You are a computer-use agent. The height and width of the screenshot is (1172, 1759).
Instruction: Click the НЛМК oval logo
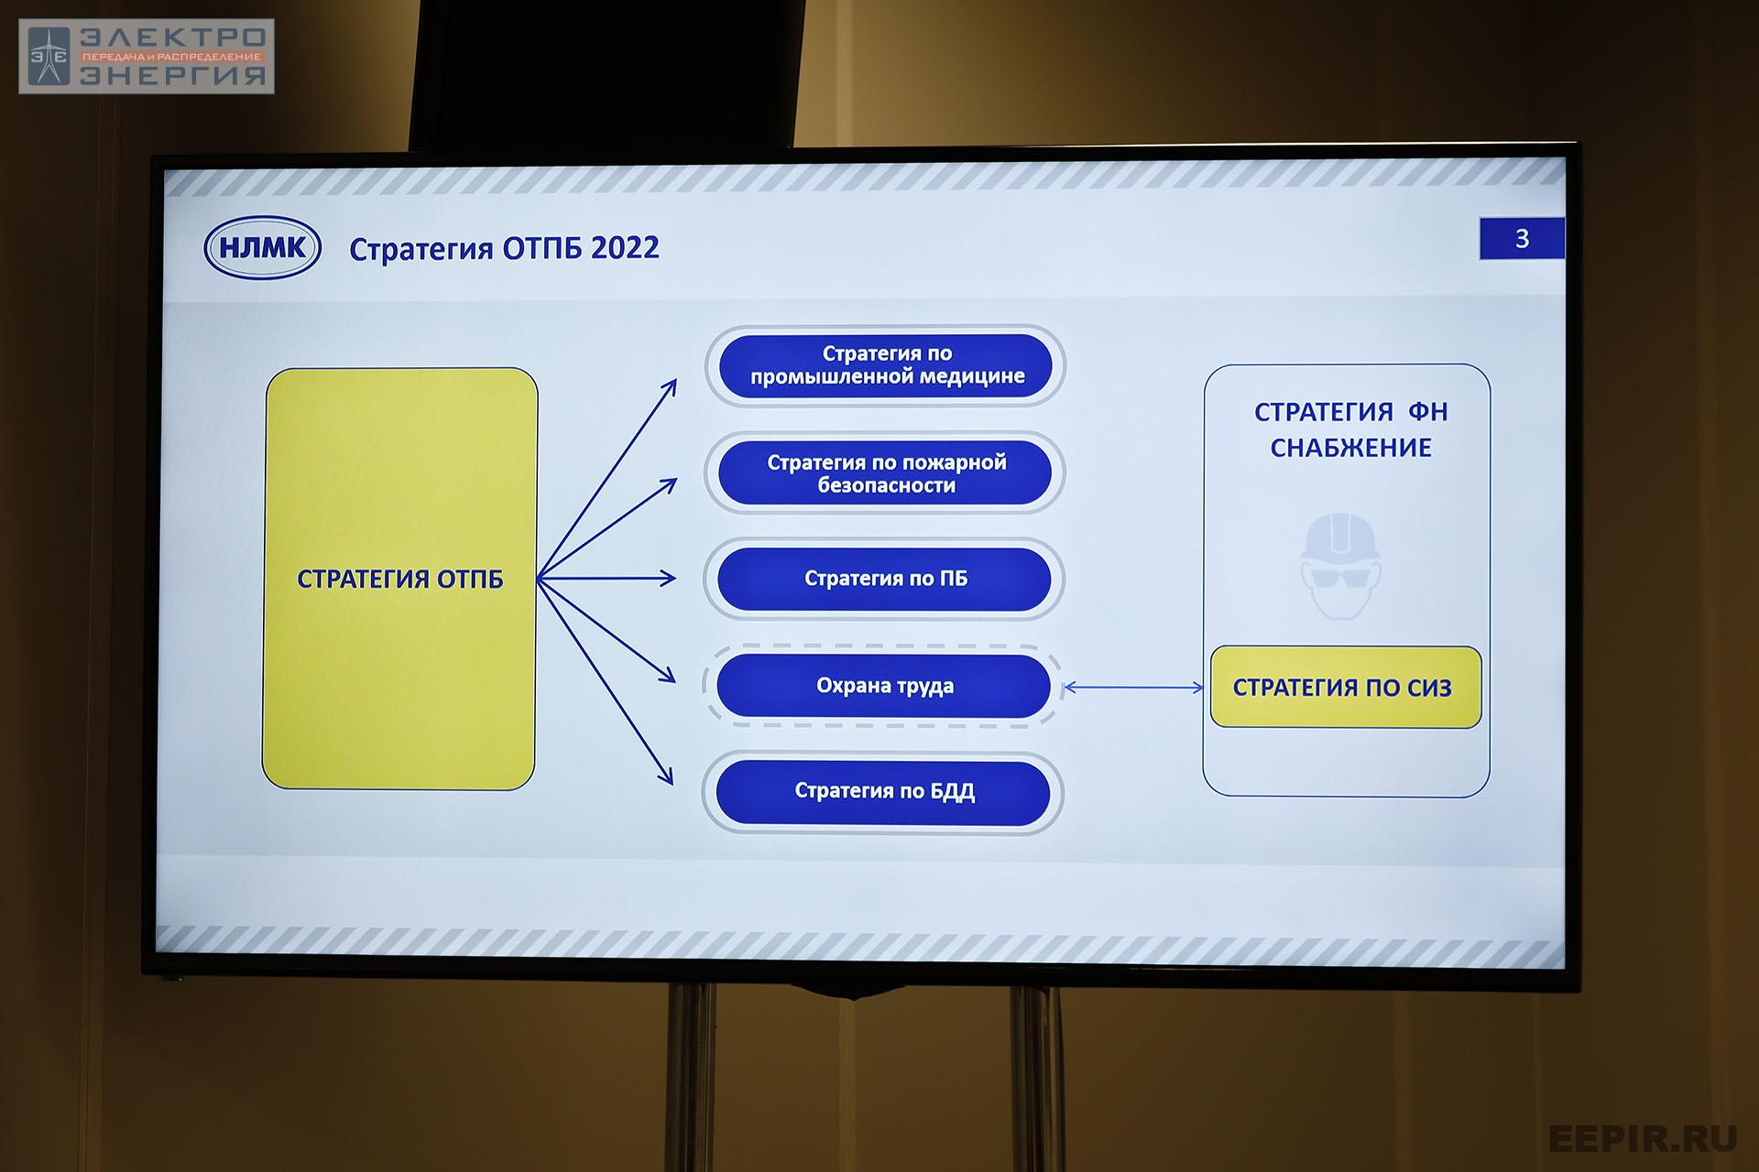coord(262,247)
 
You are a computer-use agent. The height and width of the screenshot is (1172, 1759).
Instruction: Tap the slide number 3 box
coord(1522,239)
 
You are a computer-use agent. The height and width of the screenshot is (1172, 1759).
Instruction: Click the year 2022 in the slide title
coord(625,248)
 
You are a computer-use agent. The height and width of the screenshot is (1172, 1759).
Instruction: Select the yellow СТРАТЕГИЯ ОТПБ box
coord(399,579)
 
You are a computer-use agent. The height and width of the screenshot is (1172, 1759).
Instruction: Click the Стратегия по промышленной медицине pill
coord(886,365)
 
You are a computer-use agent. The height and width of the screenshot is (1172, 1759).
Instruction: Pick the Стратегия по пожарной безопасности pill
coord(885,473)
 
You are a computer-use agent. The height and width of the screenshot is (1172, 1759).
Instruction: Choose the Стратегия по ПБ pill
coord(884,579)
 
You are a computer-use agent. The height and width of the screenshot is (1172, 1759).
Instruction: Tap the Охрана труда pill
coord(883,686)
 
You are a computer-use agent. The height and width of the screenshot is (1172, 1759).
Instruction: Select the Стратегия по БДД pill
coord(883,791)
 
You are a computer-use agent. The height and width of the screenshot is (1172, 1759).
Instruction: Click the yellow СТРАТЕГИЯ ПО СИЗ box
coord(1346,688)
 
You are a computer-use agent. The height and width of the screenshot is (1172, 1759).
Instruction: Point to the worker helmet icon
coord(1340,566)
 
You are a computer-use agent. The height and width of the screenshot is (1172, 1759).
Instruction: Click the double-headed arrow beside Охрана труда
coord(1133,688)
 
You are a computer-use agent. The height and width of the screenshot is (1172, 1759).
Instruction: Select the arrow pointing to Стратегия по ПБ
coord(606,579)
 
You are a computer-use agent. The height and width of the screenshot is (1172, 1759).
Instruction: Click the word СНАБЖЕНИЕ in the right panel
coord(1350,448)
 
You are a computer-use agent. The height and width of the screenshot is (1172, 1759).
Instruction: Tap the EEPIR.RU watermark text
coord(1643,1138)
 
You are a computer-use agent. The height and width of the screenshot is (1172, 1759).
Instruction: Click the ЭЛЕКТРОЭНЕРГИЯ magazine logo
coord(147,57)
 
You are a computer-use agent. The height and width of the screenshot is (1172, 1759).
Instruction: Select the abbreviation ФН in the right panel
coord(1427,412)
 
